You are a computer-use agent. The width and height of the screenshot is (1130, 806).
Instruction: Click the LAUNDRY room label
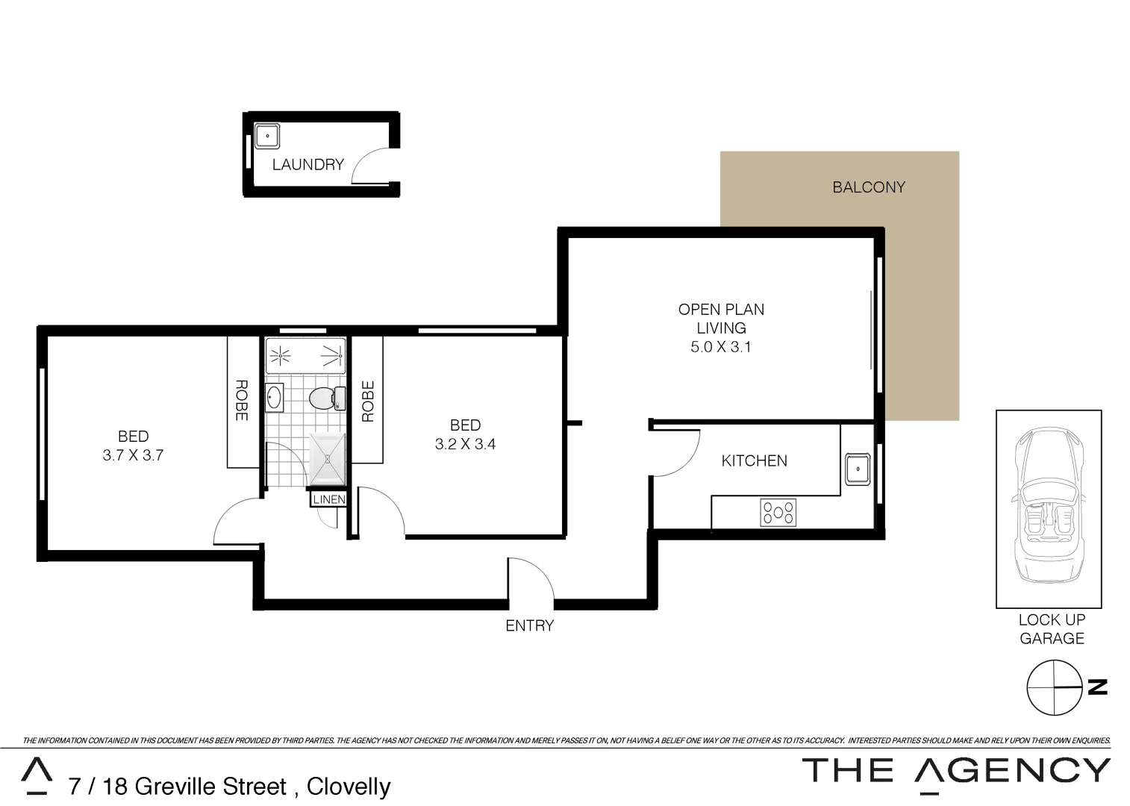308,164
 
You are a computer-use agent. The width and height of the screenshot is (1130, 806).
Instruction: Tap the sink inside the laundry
266,137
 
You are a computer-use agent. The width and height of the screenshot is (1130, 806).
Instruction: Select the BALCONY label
868,187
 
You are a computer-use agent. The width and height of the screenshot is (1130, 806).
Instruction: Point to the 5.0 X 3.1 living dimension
720,347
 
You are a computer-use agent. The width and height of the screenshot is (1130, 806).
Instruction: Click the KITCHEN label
754,460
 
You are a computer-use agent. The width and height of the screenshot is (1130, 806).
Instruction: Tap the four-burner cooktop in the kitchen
778,513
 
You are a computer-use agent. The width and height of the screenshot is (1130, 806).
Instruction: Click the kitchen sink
858,469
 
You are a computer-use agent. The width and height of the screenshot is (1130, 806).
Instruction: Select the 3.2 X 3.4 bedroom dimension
465,444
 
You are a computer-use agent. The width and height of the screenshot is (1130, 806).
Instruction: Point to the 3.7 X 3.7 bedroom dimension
133,455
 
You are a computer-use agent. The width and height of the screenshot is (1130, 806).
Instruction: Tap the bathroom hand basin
274,397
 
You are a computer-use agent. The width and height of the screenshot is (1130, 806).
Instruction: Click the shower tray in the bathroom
328,459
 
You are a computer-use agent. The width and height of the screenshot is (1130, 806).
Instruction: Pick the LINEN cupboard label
328,499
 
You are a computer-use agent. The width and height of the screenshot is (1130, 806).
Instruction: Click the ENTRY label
529,625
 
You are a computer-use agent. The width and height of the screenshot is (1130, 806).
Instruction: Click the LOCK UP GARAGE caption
1052,629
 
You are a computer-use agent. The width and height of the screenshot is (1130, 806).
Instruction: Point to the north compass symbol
1054,687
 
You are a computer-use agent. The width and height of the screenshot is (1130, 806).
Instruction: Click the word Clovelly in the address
349,787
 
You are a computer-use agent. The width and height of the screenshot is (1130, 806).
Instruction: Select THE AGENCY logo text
956,770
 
